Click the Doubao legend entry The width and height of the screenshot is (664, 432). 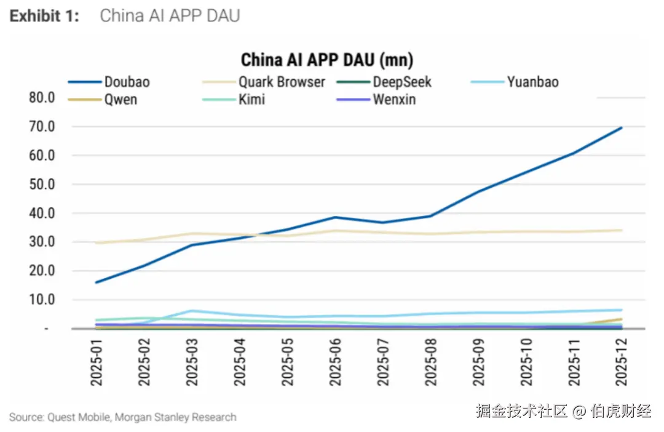click(127, 82)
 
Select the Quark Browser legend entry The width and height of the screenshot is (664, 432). click(282, 82)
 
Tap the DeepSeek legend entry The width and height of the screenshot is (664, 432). click(402, 82)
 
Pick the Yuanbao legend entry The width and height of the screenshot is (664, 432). click(532, 82)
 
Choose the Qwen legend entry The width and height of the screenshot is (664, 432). click(121, 99)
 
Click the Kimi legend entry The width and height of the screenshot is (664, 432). click(251, 99)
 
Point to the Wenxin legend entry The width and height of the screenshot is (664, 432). click(394, 99)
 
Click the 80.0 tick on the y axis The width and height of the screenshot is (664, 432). click(41, 98)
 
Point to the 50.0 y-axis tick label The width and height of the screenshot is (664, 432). click(41, 185)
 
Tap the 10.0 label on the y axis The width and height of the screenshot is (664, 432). click(41, 300)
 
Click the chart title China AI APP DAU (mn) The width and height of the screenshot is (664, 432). click(326, 60)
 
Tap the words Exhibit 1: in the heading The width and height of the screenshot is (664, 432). click(44, 16)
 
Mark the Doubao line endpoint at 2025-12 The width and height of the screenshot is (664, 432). click(622, 127)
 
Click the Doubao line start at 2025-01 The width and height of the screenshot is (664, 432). click(97, 282)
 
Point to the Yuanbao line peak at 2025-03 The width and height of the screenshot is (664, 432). click(192, 311)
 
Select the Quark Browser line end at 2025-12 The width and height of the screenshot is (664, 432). click(622, 230)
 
